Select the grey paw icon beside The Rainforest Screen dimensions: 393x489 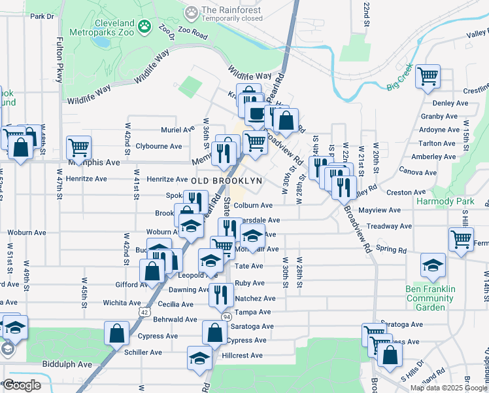click(x=191, y=11)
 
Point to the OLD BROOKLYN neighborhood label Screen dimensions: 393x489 click(x=227, y=180)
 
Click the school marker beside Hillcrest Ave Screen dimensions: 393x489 click(x=199, y=358)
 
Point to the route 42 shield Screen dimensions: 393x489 click(x=143, y=312)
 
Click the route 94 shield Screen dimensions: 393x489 click(x=226, y=316)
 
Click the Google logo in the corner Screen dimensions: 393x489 click(x=23, y=385)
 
